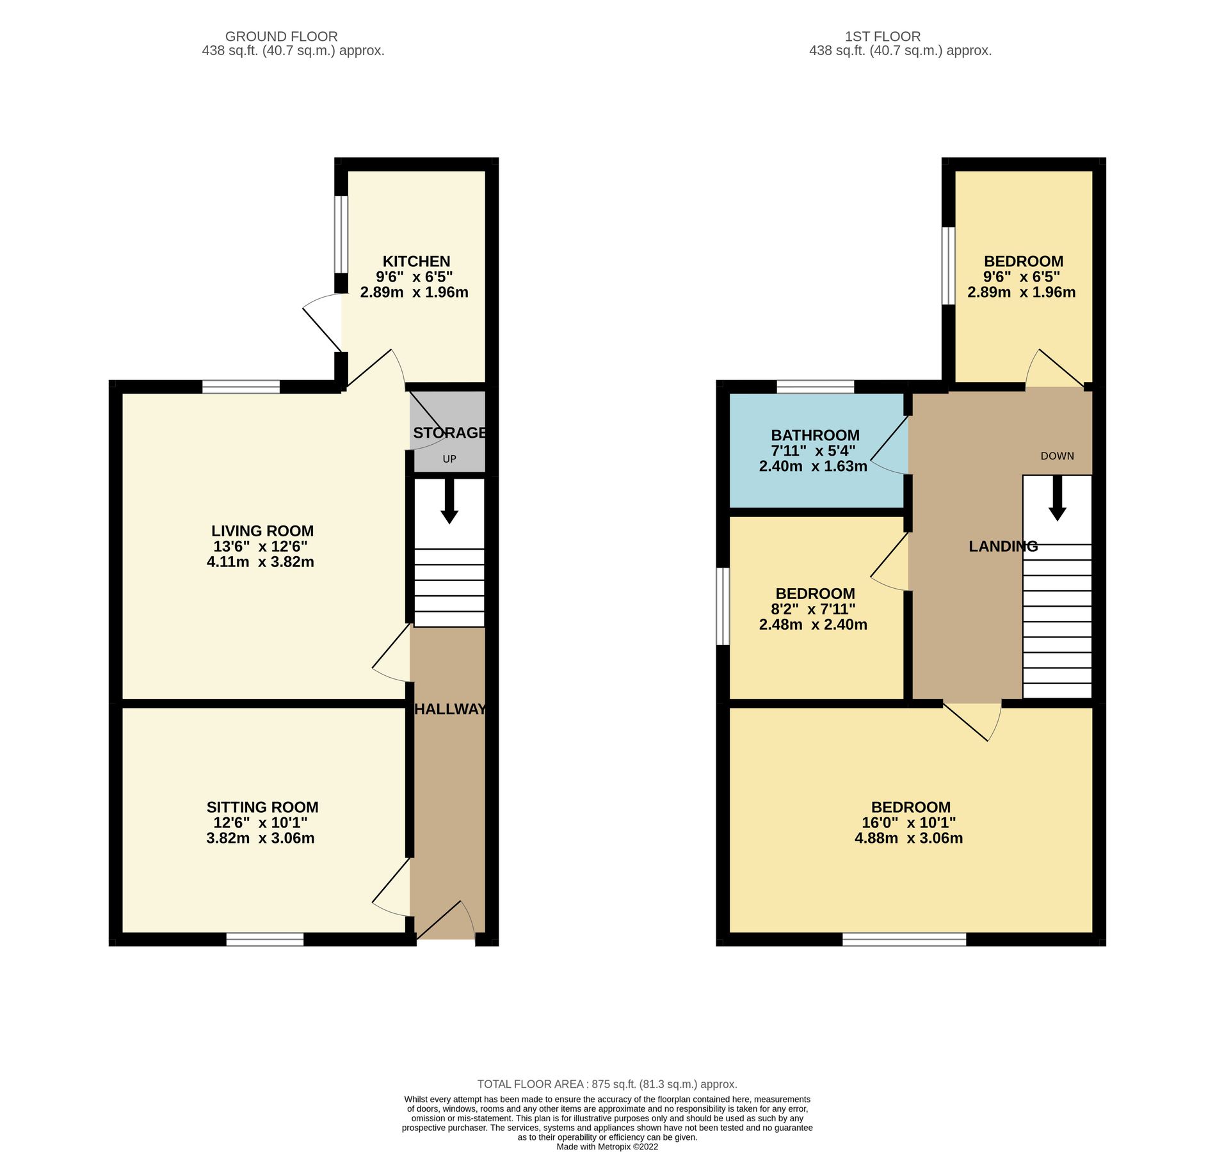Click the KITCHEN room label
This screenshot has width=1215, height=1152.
coord(416,261)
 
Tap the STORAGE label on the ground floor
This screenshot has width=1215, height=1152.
coord(449,433)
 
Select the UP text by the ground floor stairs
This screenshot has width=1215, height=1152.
coord(449,459)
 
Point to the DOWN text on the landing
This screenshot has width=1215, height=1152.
coord(1057,456)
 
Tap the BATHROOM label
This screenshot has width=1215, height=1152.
coord(814,435)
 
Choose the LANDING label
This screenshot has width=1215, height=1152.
coord(1002,546)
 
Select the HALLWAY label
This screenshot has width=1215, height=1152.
coord(450,709)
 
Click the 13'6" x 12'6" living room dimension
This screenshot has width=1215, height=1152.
coord(261,547)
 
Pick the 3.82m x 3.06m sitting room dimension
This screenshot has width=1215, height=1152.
coord(261,838)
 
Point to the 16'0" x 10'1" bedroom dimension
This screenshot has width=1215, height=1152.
coord(908,823)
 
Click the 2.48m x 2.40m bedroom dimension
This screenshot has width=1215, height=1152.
coord(813,625)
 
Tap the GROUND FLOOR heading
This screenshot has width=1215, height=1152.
coord(281,36)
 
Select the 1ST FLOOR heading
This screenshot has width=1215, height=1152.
coord(882,36)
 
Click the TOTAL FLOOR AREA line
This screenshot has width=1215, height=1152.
coord(607,1084)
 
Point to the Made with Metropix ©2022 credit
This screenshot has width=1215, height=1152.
coord(607,1147)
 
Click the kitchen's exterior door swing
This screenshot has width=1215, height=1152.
coord(324,320)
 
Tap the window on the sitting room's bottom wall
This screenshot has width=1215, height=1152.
coord(264,939)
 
